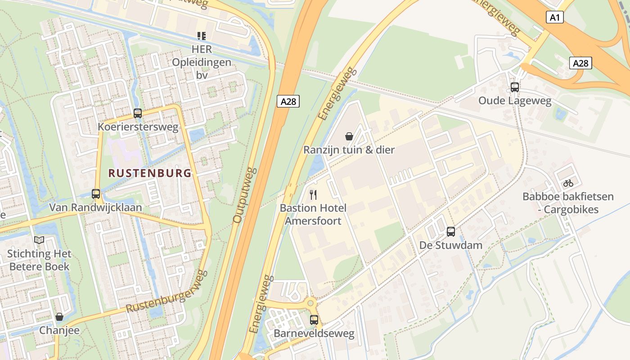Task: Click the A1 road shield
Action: tap(555, 18)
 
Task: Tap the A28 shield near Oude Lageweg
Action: tap(580, 63)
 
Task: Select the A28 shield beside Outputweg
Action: tap(288, 101)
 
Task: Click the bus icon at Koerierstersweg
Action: tap(138, 113)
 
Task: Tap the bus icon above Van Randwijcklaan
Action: tap(96, 194)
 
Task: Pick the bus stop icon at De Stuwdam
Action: tap(450, 232)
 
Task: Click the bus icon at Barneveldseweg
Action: tap(314, 320)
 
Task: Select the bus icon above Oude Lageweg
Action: tap(515, 87)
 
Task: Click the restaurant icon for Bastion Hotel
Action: tap(313, 195)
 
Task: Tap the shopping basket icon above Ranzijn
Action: tap(349, 136)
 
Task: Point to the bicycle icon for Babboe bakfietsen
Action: tap(568, 183)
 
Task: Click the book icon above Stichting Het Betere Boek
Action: tap(39, 240)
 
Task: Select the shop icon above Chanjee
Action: tap(59, 317)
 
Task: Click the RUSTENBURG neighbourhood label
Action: tap(150, 173)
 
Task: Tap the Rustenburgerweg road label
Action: tap(166, 292)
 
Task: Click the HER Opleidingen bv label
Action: tap(202, 62)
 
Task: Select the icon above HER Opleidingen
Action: tap(202, 36)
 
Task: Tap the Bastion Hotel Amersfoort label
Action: tap(313, 214)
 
